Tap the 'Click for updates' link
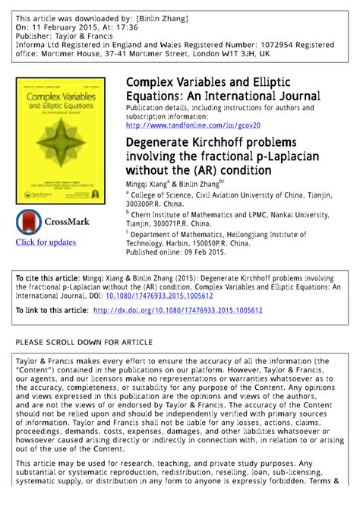(x=46, y=242)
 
